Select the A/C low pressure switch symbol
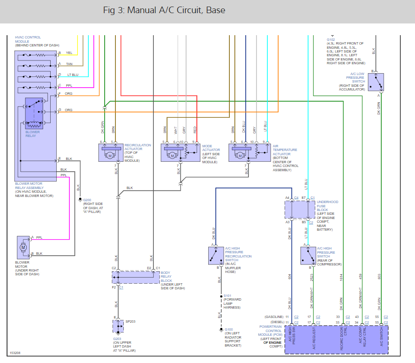376,82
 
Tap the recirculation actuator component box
111,152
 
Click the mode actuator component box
180,152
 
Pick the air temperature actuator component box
247,152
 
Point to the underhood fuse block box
300,210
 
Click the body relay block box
136,277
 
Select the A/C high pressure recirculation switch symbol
217,255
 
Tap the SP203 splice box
117,325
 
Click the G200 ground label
87,200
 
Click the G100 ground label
229,329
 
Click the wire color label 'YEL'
69,53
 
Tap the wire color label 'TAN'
69,63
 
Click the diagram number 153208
15,353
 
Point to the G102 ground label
331,40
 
